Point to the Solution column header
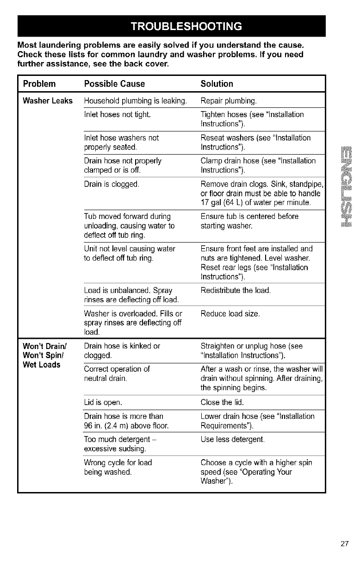217,84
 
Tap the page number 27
344,543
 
